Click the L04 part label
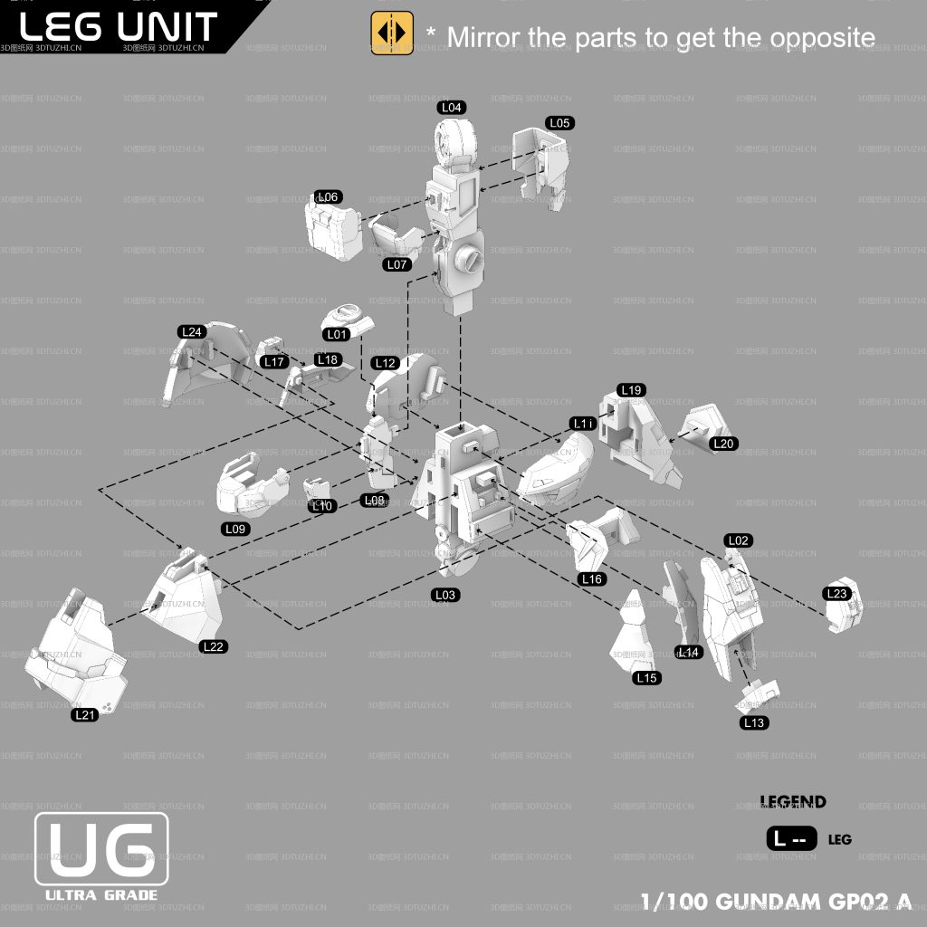coord(452,108)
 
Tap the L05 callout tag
coord(559,123)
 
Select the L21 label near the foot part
coord(84,715)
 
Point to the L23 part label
coord(837,593)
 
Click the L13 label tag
coord(753,722)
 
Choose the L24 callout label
coord(192,332)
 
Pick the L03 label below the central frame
coord(445,595)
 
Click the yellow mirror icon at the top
coord(392,33)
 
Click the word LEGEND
coord(793,802)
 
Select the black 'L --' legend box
coord(791,839)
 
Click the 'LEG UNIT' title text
coord(118,25)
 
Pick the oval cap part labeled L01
coord(346,316)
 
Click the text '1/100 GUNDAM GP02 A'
coord(776,902)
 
